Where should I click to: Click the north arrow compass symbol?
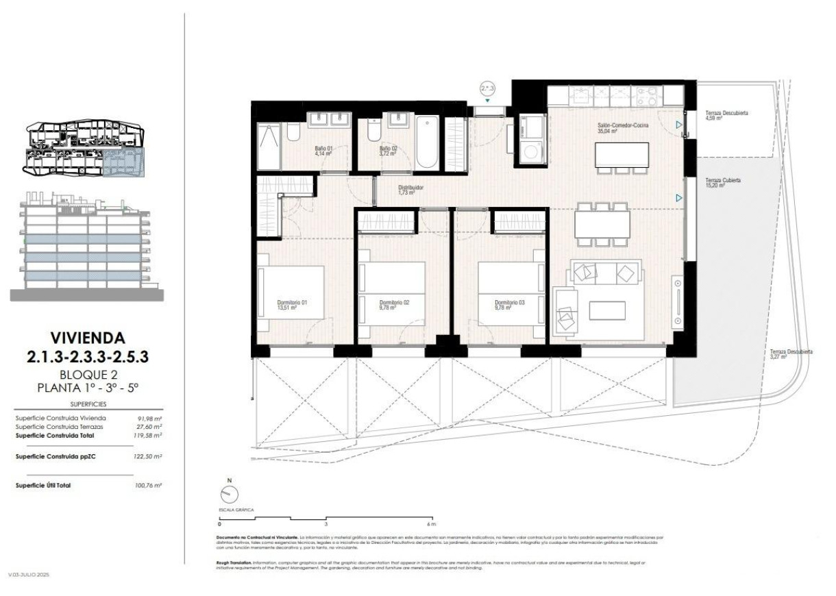tap(230, 494)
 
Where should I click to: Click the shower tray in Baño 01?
tap(269, 146)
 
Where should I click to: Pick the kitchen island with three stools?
tap(622, 154)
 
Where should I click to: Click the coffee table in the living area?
tap(607, 311)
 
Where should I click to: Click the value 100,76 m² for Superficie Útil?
tap(149, 486)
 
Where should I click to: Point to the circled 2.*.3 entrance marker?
tap(487, 88)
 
